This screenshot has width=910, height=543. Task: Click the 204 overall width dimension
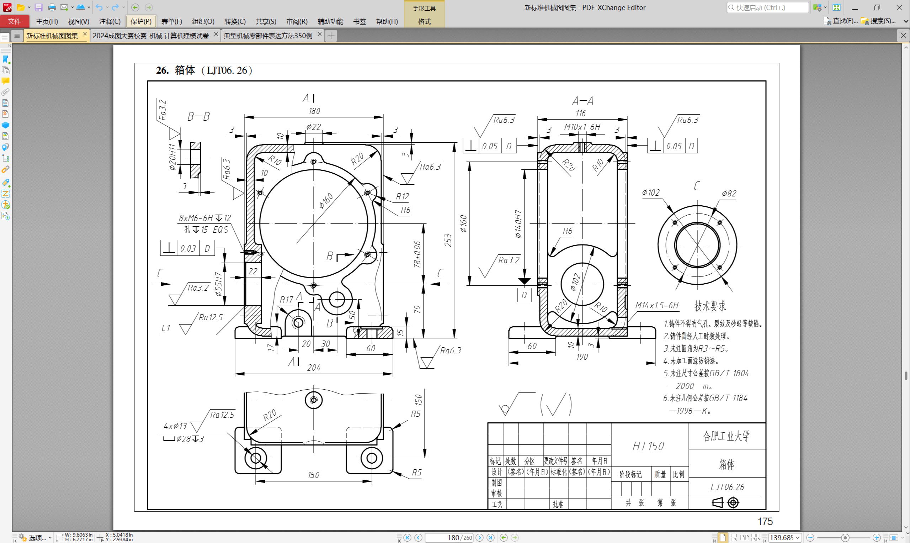[314, 367]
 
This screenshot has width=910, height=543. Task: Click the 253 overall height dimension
[448, 241]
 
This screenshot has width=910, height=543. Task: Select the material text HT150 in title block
[648, 446]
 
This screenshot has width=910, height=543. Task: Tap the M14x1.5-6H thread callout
[657, 305]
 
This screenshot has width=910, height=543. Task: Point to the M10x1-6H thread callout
[582, 127]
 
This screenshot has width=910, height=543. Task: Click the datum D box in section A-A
[524, 295]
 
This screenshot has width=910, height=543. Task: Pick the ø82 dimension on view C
[729, 193]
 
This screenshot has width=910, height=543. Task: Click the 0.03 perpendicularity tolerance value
[188, 248]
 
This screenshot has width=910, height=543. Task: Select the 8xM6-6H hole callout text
[196, 218]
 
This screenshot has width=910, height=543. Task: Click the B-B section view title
[198, 117]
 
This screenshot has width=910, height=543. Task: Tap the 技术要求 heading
[710, 306]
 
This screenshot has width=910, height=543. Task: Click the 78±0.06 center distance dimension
[417, 254]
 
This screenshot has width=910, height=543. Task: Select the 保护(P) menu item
[141, 21]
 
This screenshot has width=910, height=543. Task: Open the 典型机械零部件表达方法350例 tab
[268, 36]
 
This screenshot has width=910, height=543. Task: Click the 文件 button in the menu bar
[14, 21]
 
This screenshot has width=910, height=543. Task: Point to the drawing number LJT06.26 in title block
[727, 487]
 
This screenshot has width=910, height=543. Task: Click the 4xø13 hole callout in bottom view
[175, 426]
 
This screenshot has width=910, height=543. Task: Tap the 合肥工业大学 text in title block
[727, 436]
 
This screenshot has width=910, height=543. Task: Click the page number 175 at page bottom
[765, 521]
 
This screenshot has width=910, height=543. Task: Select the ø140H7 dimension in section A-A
[518, 224]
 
